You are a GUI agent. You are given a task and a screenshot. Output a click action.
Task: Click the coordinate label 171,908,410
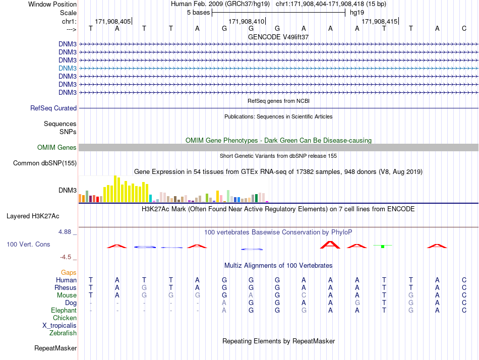246,21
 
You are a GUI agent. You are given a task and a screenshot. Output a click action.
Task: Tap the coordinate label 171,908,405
112,21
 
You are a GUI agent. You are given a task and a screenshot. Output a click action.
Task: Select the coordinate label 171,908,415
380,21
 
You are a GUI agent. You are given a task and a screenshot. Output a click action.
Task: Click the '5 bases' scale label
198,13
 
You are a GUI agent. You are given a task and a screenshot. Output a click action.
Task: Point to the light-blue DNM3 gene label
68,68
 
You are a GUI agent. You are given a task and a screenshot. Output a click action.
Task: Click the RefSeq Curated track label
53,108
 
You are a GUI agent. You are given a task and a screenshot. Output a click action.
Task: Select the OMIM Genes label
57,148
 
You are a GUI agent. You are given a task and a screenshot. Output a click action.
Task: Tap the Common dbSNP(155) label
45,163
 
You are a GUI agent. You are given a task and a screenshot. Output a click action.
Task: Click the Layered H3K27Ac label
33,216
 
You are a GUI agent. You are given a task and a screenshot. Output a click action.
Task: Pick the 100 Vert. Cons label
28,244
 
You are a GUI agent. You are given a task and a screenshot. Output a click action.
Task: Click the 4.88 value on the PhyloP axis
66,232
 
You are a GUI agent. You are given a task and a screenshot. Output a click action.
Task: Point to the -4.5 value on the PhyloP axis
67,257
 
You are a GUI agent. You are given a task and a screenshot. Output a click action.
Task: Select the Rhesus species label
66,287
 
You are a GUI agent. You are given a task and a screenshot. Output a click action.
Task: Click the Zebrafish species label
63,333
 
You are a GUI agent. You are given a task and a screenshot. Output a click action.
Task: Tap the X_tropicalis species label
59,325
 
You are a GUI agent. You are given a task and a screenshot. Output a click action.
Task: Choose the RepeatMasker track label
55,348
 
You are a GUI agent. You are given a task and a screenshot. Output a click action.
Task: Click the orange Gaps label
69,272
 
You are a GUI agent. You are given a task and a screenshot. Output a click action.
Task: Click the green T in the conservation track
383,246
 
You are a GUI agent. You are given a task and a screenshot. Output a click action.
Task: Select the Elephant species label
64,310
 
